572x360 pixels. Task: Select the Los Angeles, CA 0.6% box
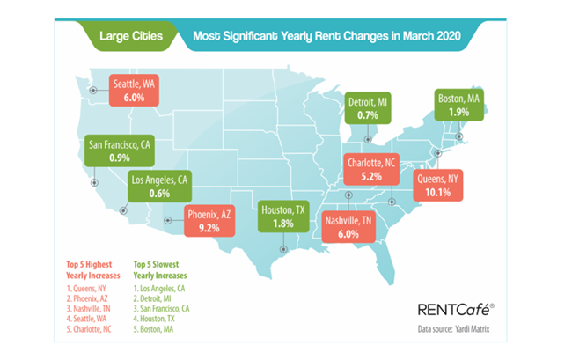[161, 187]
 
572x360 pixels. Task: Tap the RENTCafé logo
[451, 309]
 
